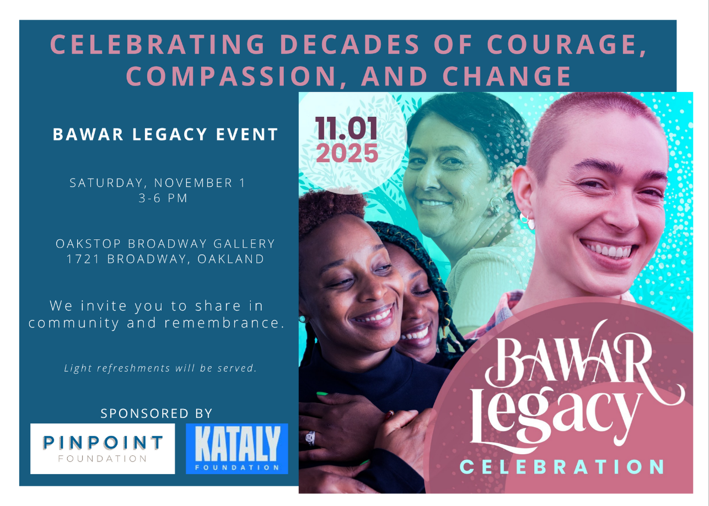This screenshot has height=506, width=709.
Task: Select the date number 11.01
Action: click(346, 128)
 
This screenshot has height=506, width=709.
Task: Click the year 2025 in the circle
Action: click(347, 153)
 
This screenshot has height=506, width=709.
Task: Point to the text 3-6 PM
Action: click(163, 198)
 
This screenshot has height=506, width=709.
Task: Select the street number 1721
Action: click(83, 259)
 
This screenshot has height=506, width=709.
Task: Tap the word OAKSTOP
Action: click(88, 244)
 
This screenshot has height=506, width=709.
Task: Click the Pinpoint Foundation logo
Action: click(103, 449)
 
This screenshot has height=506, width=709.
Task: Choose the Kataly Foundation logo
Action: click(237, 449)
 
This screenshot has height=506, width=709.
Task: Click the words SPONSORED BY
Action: click(157, 413)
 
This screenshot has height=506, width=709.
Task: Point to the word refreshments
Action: click(134, 368)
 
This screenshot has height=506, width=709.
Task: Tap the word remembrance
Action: click(224, 323)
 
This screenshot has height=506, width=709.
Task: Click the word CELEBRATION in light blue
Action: click(561, 467)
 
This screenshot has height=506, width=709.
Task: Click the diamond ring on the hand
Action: click(310, 438)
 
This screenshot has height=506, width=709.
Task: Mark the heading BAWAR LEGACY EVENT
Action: click(165, 134)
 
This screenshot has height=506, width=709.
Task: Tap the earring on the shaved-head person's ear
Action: click(527, 221)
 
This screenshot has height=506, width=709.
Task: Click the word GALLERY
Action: click(244, 244)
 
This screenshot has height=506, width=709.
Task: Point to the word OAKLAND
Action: click(231, 259)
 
